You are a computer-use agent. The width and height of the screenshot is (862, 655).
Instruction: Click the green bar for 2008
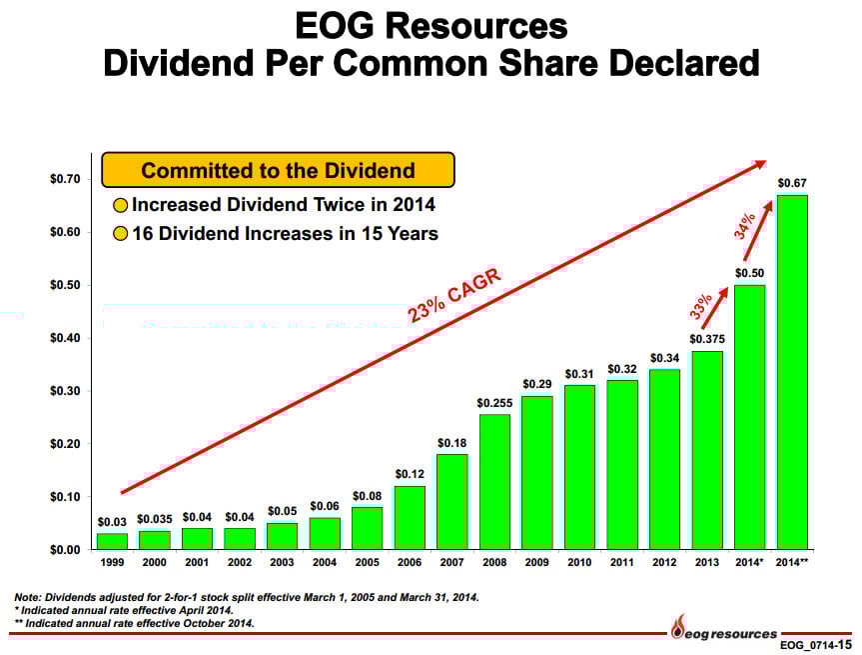tap(494, 481)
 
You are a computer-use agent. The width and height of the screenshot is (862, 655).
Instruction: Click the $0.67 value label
tap(792, 183)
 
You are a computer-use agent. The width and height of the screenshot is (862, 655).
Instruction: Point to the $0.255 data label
tap(494, 402)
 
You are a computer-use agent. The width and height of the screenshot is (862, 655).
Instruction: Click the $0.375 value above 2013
tap(707, 339)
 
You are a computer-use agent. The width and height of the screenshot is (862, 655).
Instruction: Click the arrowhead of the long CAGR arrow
tap(760, 163)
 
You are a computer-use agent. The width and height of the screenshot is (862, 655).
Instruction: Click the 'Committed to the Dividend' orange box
tap(278, 170)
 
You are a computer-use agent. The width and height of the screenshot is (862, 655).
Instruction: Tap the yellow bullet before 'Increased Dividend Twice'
tap(119, 207)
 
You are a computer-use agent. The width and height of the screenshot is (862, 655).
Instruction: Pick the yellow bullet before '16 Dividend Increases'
tap(119, 235)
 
